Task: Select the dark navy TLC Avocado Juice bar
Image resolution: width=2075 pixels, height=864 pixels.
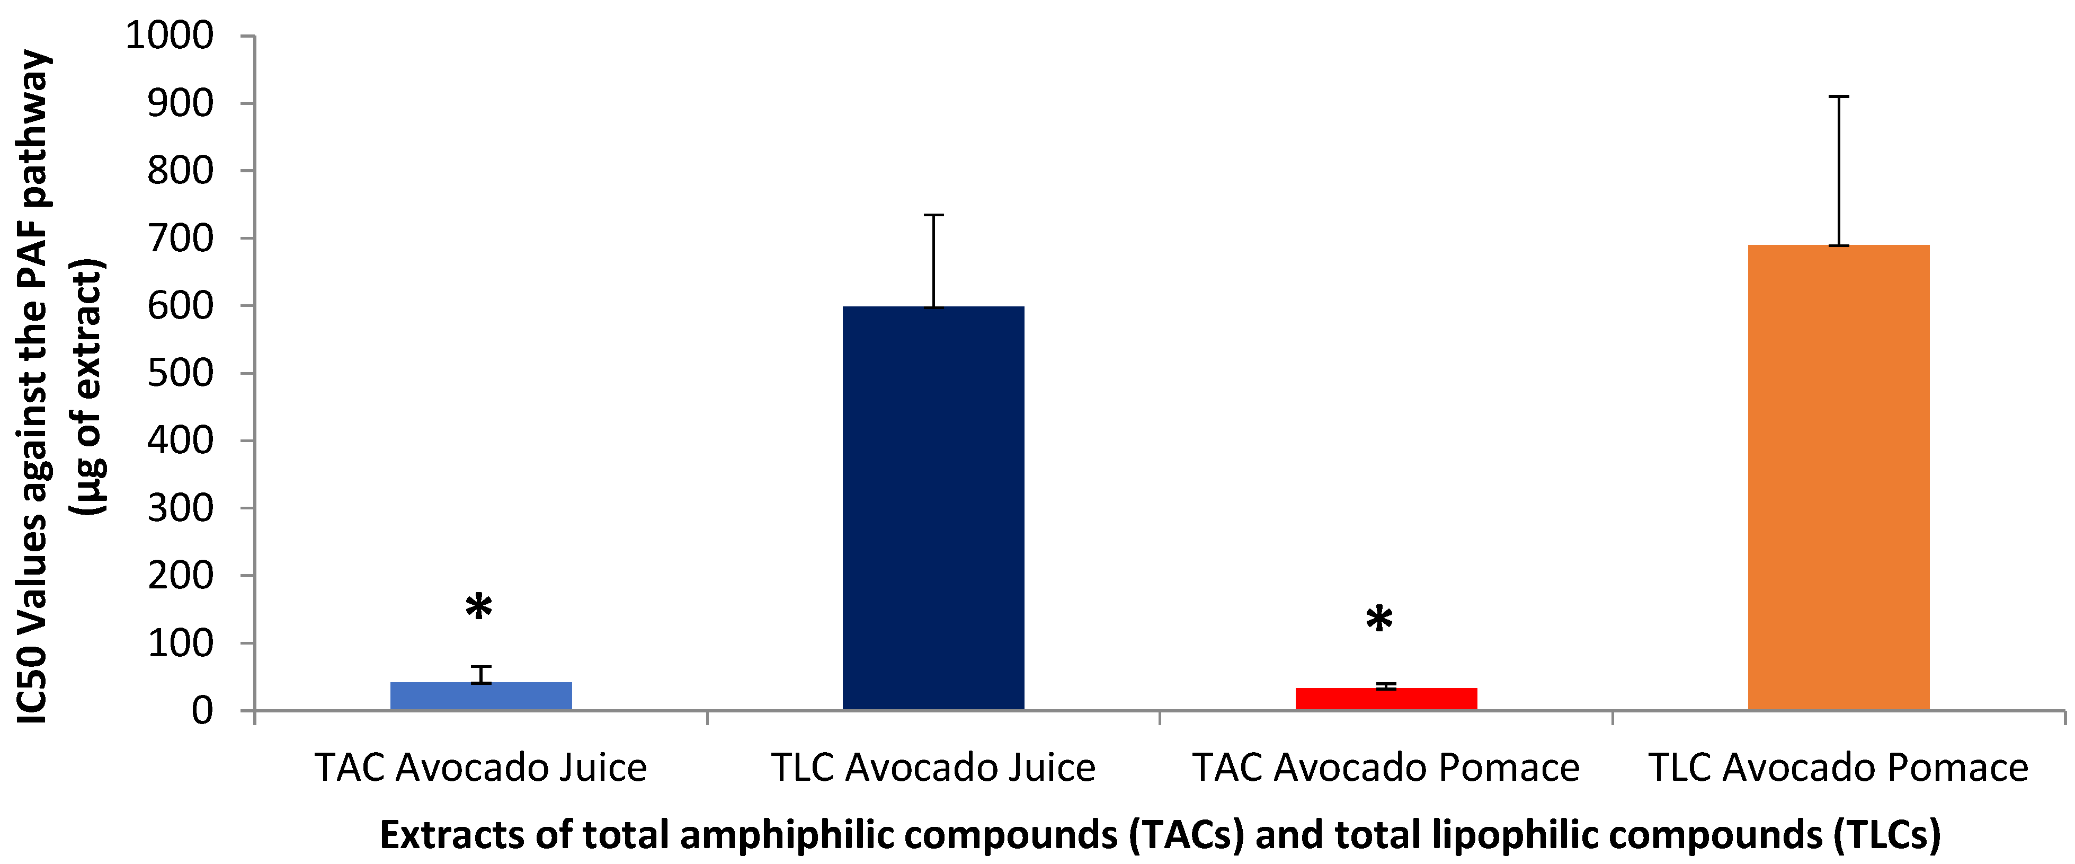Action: pyautogui.click(x=933, y=508)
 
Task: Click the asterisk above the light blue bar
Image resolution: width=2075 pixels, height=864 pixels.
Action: pyautogui.click(x=478, y=609)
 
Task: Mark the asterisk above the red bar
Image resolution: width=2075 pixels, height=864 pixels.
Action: pyautogui.click(x=1379, y=621)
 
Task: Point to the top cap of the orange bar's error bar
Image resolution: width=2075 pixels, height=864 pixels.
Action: pyautogui.click(x=1838, y=96)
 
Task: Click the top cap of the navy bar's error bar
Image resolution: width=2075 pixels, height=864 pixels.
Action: pyautogui.click(x=933, y=215)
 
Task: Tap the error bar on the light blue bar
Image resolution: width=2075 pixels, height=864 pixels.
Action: pyautogui.click(x=481, y=675)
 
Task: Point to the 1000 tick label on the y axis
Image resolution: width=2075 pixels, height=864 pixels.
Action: pyautogui.click(x=170, y=36)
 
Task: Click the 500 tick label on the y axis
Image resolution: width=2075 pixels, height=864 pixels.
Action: pyautogui.click(x=181, y=373)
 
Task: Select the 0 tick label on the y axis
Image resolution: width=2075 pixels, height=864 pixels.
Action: pyautogui.click(x=202, y=711)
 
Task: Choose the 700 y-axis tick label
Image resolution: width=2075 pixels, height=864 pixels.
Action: pyautogui.click(x=181, y=239)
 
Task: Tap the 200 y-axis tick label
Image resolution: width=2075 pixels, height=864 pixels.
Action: pyautogui.click(x=181, y=576)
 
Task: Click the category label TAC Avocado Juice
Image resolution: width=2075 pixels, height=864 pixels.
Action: pyautogui.click(x=481, y=768)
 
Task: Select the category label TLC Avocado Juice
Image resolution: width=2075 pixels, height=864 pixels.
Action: pyautogui.click(x=933, y=768)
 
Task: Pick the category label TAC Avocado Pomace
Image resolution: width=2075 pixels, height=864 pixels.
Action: pyautogui.click(x=1385, y=768)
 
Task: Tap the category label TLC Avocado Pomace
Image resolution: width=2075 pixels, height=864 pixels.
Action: pyautogui.click(x=1838, y=768)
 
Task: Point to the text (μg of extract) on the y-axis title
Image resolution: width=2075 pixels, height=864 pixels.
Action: pyautogui.click(x=88, y=387)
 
